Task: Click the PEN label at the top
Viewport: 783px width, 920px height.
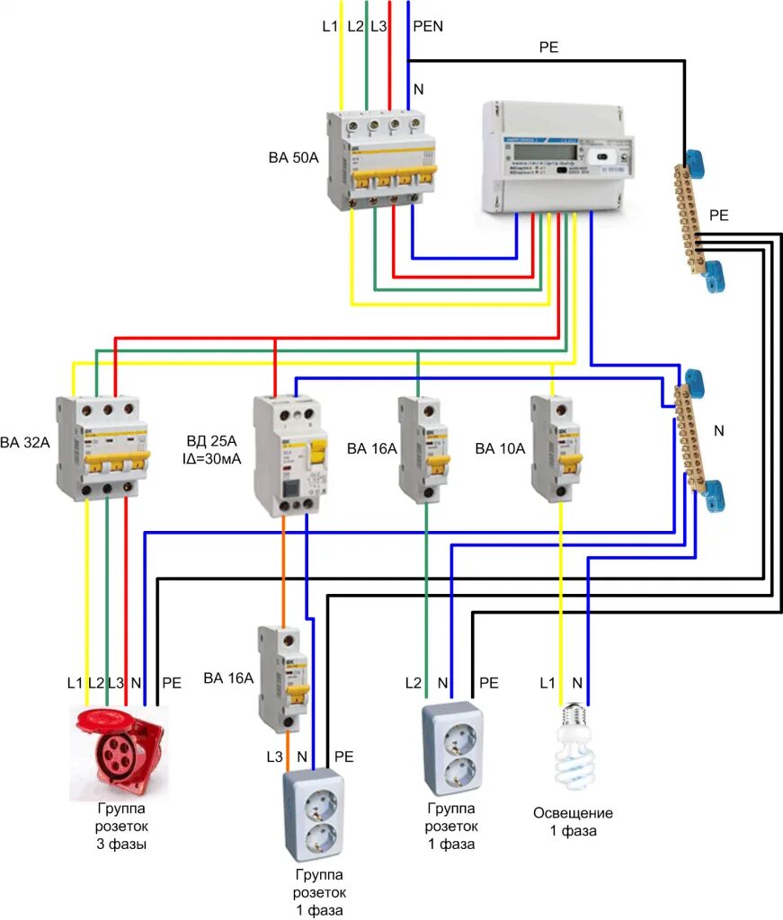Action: coord(428,26)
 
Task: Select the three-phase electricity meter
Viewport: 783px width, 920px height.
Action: coord(557,157)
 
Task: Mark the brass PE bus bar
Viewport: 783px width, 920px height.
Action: coord(697,220)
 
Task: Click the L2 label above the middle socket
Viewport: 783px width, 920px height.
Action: coord(413,684)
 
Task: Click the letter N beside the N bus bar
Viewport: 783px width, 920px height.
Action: coord(718,430)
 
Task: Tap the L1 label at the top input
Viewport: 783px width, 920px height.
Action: coord(331,26)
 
